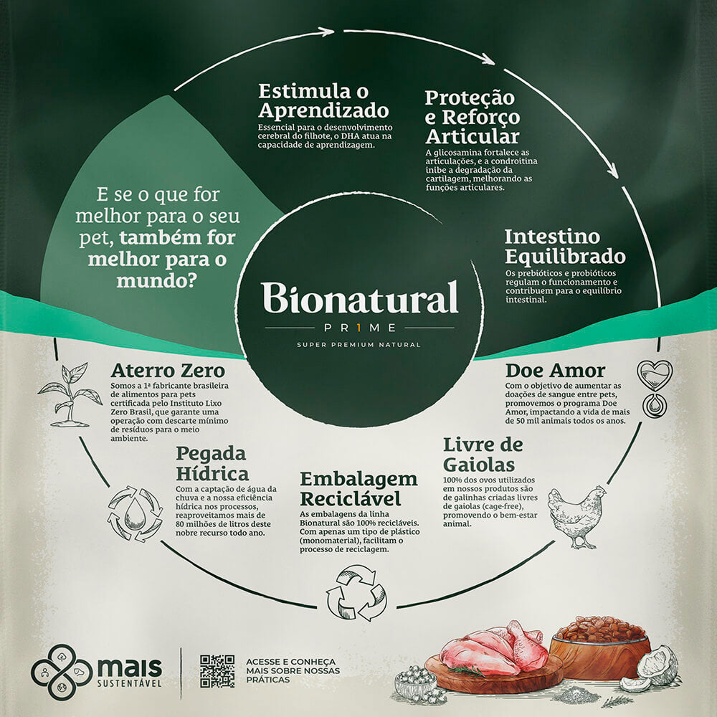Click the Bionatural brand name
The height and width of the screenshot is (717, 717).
click(x=359, y=298)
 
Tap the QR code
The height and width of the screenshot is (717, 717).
click(x=217, y=671)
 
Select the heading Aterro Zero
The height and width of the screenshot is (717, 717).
click(x=168, y=371)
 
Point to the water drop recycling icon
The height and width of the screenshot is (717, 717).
click(x=135, y=513)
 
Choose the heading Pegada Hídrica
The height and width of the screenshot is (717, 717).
click(x=212, y=463)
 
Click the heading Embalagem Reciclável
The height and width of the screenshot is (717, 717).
click(x=358, y=488)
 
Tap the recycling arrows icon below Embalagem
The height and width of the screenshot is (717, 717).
click(x=356, y=593)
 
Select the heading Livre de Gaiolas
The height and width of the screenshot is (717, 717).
click(x=483, y=453)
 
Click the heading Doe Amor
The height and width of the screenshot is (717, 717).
click(x=555, y=371)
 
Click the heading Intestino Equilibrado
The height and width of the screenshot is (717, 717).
click(x=565, y=246)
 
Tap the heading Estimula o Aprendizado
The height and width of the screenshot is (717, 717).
click(x=323, y=101)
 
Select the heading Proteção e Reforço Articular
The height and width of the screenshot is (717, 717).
click(x=472, y=116)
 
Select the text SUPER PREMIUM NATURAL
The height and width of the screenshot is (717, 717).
click(x=358, y=345)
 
